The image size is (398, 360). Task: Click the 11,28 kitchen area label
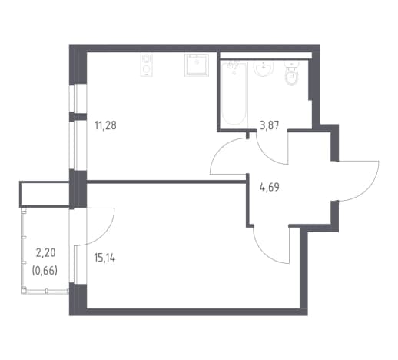(105, 125)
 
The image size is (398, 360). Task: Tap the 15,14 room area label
(104, 258)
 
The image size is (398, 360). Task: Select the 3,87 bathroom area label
(269, 125)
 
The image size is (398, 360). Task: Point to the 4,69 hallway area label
(269, 187)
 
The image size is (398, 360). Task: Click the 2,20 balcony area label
(46, 253)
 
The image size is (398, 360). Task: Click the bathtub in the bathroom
(234, 93)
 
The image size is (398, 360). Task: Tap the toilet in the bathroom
(292, 74)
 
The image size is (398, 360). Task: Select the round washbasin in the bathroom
(264, 68)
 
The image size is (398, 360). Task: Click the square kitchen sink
(197, 65)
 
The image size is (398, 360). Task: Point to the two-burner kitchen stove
(147, 65)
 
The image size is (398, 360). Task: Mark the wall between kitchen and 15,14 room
(167, 182)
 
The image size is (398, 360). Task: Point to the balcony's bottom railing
(45, 291)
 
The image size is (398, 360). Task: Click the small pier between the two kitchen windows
(78, 117)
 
